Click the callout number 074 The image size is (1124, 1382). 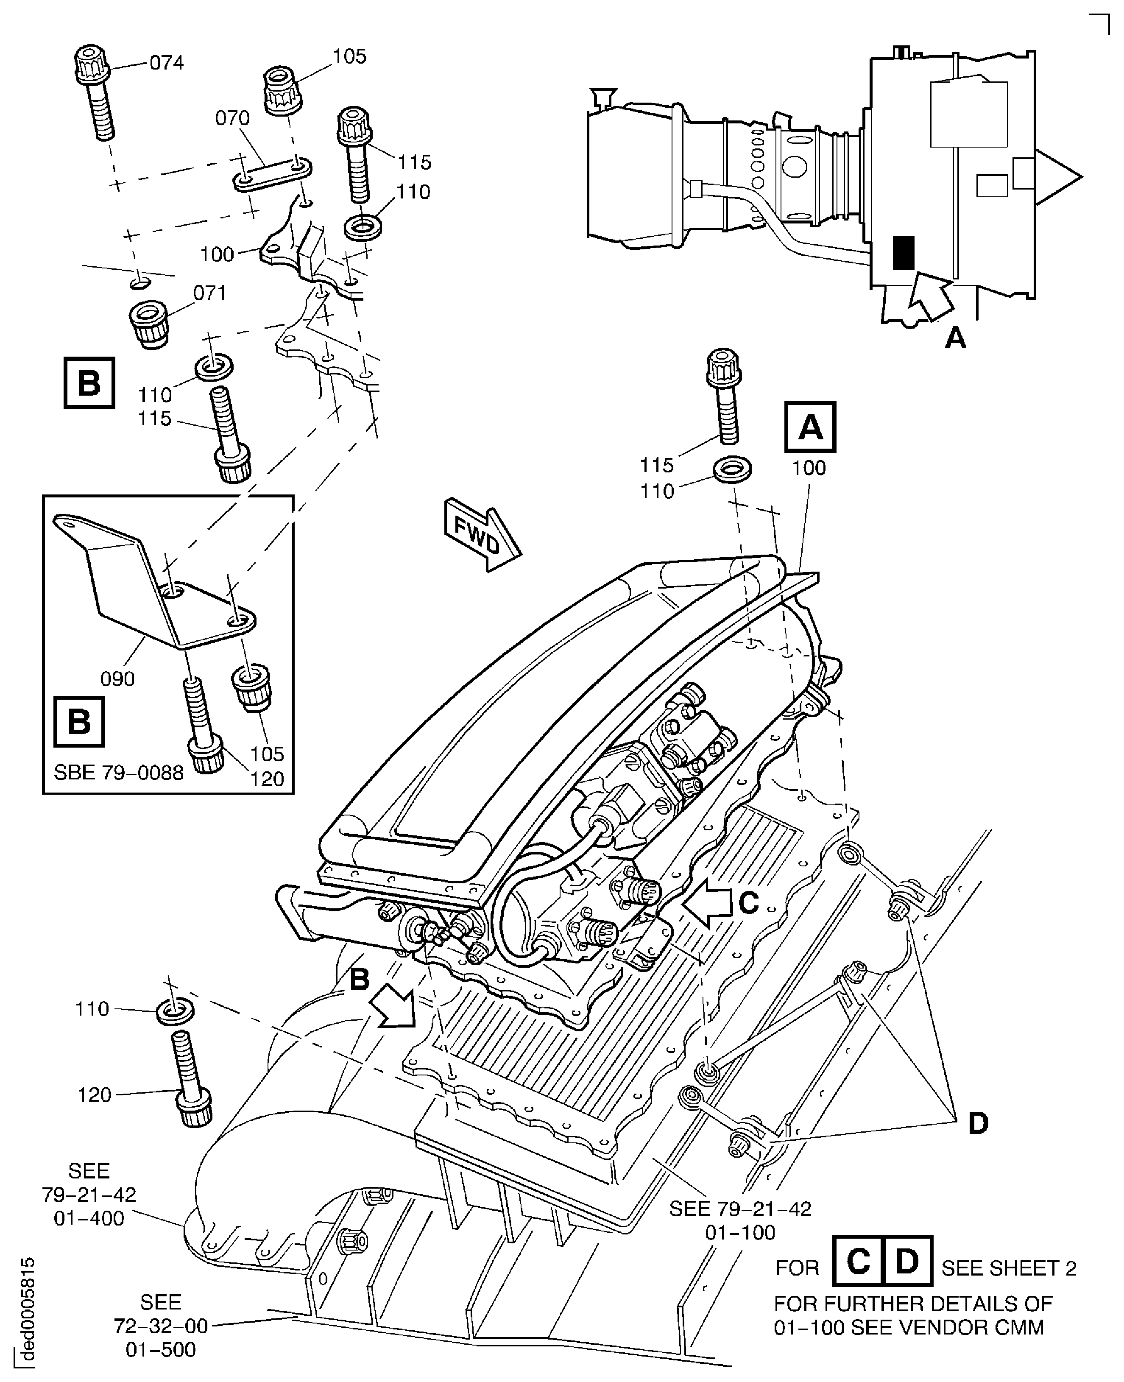166,63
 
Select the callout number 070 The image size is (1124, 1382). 232,118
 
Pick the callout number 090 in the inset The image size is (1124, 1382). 117,678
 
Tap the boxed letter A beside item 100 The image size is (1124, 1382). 809,427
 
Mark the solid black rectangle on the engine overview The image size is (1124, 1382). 903,253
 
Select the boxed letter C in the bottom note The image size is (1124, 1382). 858,1261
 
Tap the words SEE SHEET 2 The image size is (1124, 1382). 1009,1268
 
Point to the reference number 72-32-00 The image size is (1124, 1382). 161,1326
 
